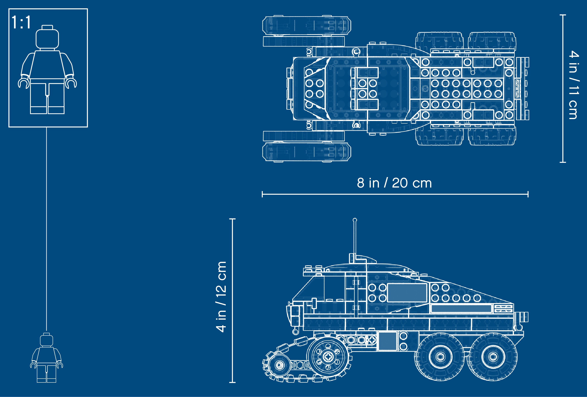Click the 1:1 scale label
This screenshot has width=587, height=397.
[x=21, y=22]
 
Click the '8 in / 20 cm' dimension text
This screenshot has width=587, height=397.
[x=394, y=183]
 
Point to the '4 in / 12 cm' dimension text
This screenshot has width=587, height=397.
[x=221, y=297]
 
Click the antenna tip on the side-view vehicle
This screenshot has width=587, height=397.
[x=355, y=220]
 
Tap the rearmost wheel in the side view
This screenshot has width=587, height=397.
[x=493, y=357]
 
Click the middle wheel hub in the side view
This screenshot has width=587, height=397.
[x=440, y=357]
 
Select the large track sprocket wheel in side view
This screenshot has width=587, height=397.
[x=328, y=357]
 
